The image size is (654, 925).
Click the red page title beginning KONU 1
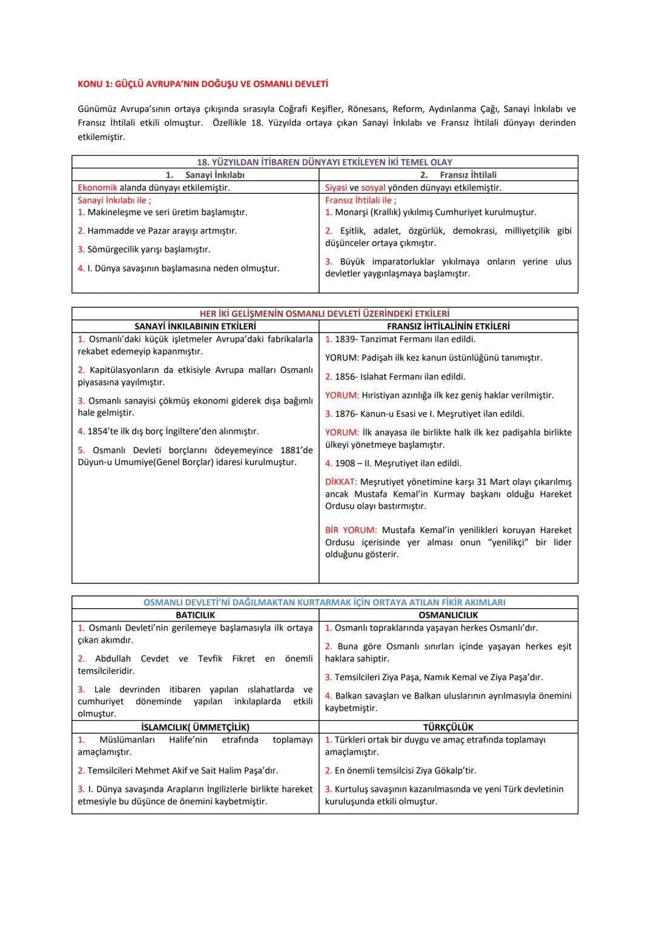(x=203, y=84)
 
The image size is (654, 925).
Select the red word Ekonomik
(x=97, y=188)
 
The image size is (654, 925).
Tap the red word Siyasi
(x=335, y=188)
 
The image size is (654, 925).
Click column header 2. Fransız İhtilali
(x=458, y=175)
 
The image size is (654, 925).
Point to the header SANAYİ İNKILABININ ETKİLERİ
(x=195, y=327)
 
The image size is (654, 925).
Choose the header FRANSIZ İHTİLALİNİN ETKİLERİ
(x=448, y=327)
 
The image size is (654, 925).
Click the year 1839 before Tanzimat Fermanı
(x=345, y=339)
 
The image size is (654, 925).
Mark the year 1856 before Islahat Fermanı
(x=345, y=377)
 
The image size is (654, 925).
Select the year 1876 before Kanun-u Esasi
(x=345, y=414)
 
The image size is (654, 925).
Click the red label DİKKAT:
(x=341, y=482)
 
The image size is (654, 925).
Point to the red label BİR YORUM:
(x=351, y=530)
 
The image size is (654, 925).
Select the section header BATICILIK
(x=195, y=615)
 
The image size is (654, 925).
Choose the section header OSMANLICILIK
(x=448, y=615)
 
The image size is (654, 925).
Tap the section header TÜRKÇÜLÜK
(x=448, y=728)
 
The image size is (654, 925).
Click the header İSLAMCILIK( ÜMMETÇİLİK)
(x=195, y=728)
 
